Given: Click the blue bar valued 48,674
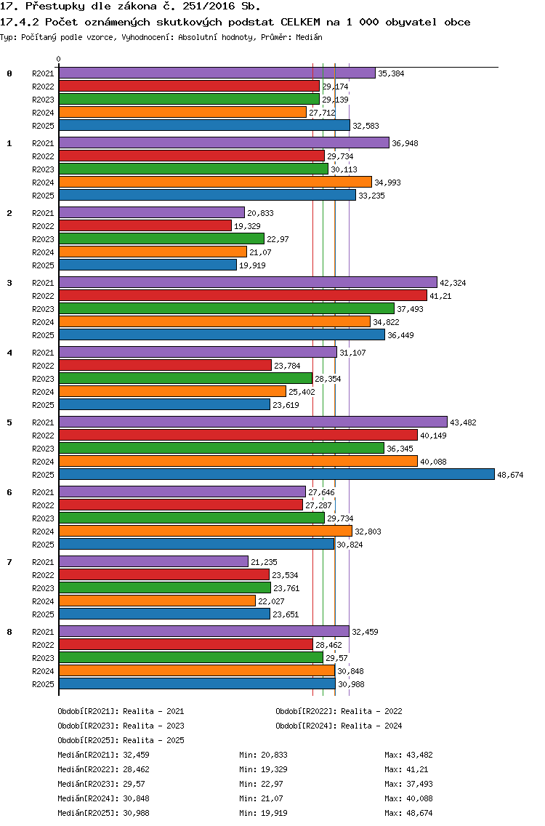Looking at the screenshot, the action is pyautogui.click(x=277, y=474).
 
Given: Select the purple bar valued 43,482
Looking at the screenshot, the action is pyautogui.click(x=254, y=422).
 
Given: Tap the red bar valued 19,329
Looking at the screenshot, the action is pyautogui.click(x=145, y=225).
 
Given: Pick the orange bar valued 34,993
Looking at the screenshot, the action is pyautogui.click(x=215, y=182).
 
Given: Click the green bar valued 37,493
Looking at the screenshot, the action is pyautogui.click(x=227, y=308).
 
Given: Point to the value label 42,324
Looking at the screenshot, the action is pyautogui.click(x=453, y=283).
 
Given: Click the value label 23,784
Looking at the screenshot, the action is pyautogui.click(x=287, y=366).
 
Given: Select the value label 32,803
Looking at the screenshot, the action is pyautogui.click(x=368, y=532).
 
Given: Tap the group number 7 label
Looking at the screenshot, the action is pyautogui.click(x=9, y=562).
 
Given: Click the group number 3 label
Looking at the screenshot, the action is pyautogui.click(x=9, y=283).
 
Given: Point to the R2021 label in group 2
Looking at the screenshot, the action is pyautogui.click(x=43, y=213).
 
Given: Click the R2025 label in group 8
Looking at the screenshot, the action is pyautogui.click(x=43, y=684).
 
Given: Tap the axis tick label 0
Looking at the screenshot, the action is pyautogui.click(x=58, y=59).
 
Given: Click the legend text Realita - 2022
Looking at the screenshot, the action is pyautogui.click(x=371, y=711).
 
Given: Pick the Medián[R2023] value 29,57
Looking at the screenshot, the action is pyautogui.click(x=134, y=784).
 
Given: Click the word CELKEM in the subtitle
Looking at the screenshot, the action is pyautogui.click(x=300, y=22).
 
